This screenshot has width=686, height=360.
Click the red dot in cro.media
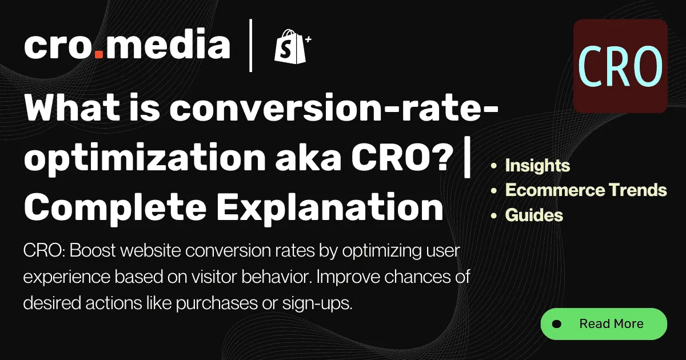point(99,56)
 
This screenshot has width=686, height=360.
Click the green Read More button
point(604,324)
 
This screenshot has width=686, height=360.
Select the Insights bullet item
point(537,166)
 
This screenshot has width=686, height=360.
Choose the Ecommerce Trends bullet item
point(586,190)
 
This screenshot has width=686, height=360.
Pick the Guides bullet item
point(534,215)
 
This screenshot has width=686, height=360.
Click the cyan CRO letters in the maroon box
point(620,66)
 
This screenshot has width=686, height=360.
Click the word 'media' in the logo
point(168,46)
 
